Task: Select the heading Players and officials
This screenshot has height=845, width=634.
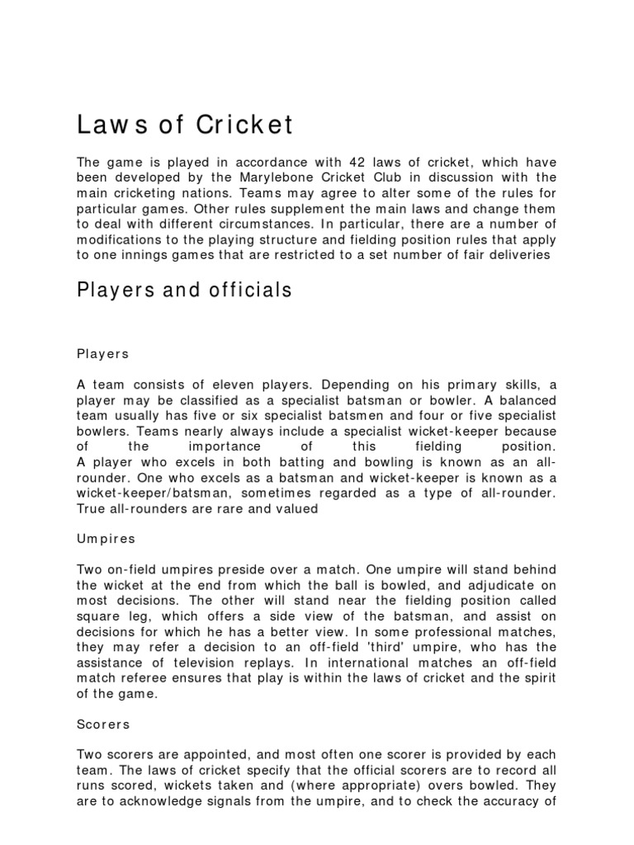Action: pyautogui.click(x=184, y=290)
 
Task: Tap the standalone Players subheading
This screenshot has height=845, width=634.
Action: pyautogui.click(x=102, y=353)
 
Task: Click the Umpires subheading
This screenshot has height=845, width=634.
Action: pyautogui.click(x=106, y=538)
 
